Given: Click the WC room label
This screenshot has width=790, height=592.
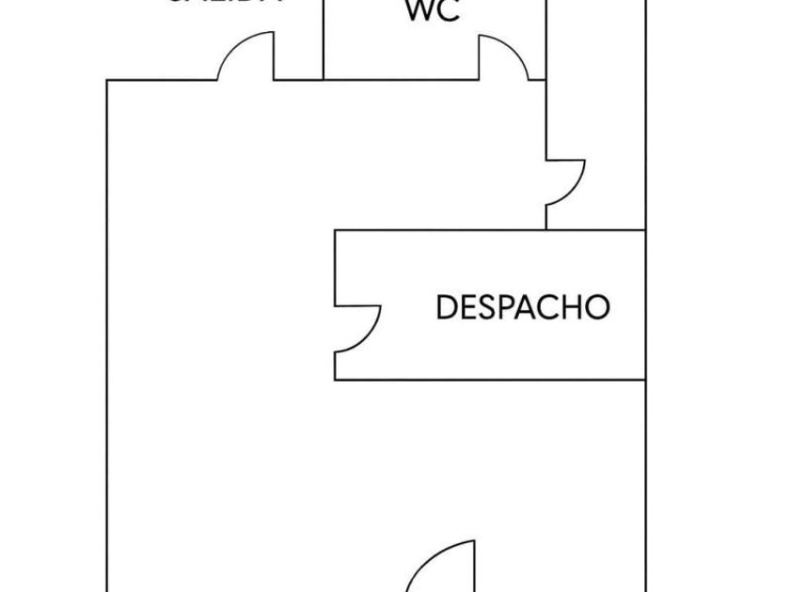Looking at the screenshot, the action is [x=433, y=11].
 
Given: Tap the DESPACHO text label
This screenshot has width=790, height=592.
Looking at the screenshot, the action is [x=523, y=307].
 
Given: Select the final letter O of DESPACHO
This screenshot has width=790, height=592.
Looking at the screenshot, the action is [x=597, y=307].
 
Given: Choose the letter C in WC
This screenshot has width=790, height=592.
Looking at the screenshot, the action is [x=450, y=11].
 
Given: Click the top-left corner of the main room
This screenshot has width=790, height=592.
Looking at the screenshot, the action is [x=107, y=81].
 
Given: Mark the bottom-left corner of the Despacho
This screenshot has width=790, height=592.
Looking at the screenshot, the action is [x=336, y=380].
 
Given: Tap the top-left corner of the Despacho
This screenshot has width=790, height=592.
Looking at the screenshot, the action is [x=336, y=230].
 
